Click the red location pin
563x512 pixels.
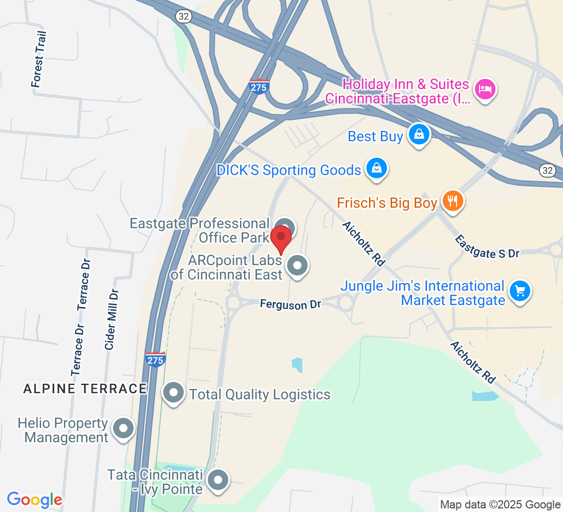tap(281, 238)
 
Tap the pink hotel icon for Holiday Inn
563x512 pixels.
tap(484, 90)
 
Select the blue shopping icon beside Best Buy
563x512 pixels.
tap(419, 135)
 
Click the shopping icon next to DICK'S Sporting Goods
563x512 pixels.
tap(377, 168)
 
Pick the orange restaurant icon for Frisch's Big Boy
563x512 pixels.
tap(452, 201)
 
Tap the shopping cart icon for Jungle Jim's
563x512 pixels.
tap(520, 291)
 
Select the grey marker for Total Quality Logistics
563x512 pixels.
tap(174, 393)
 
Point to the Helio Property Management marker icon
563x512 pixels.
tap(123, 429)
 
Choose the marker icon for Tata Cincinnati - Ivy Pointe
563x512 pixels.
tap(219, 481)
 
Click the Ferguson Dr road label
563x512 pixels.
tap(290, 304)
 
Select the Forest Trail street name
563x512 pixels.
tap(39, 59)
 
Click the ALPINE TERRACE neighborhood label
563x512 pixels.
tap(85, 389)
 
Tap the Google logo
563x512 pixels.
tap(35, 500)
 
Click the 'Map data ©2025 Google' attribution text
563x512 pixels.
tap(500, 505)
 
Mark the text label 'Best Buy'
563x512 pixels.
tap(375, 137)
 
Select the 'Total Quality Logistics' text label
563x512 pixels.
tap(259, 395)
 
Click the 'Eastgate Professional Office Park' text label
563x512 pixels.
tap(200, 230)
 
